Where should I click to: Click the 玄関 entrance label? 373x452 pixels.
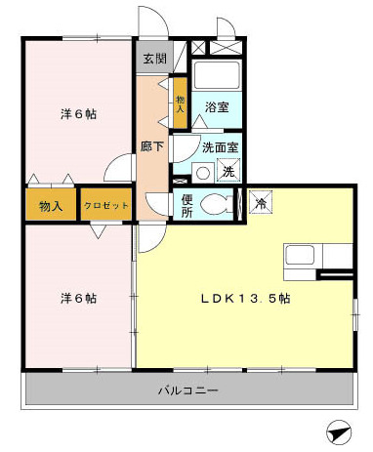pyautogui.click(x=154, y=59)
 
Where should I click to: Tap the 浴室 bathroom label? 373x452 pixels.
pyautogui.click(x=217, y=106)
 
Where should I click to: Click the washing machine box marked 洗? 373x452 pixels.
pyautogui.click(x=228, y=172)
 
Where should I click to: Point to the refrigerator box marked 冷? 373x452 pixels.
pyautogui.click(x=261, y=202)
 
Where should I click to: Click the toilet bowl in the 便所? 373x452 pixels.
pyautogui.click(x=217, y=205)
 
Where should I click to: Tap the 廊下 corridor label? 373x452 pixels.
pyautogui.click(x=152, y=146)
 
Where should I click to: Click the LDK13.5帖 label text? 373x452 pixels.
pyautogui.click(x=244, y=298)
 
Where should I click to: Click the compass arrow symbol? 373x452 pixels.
pyautogui.click(x=337, y=430)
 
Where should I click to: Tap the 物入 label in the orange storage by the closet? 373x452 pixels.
pyautogui.click(x=52, y=206)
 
